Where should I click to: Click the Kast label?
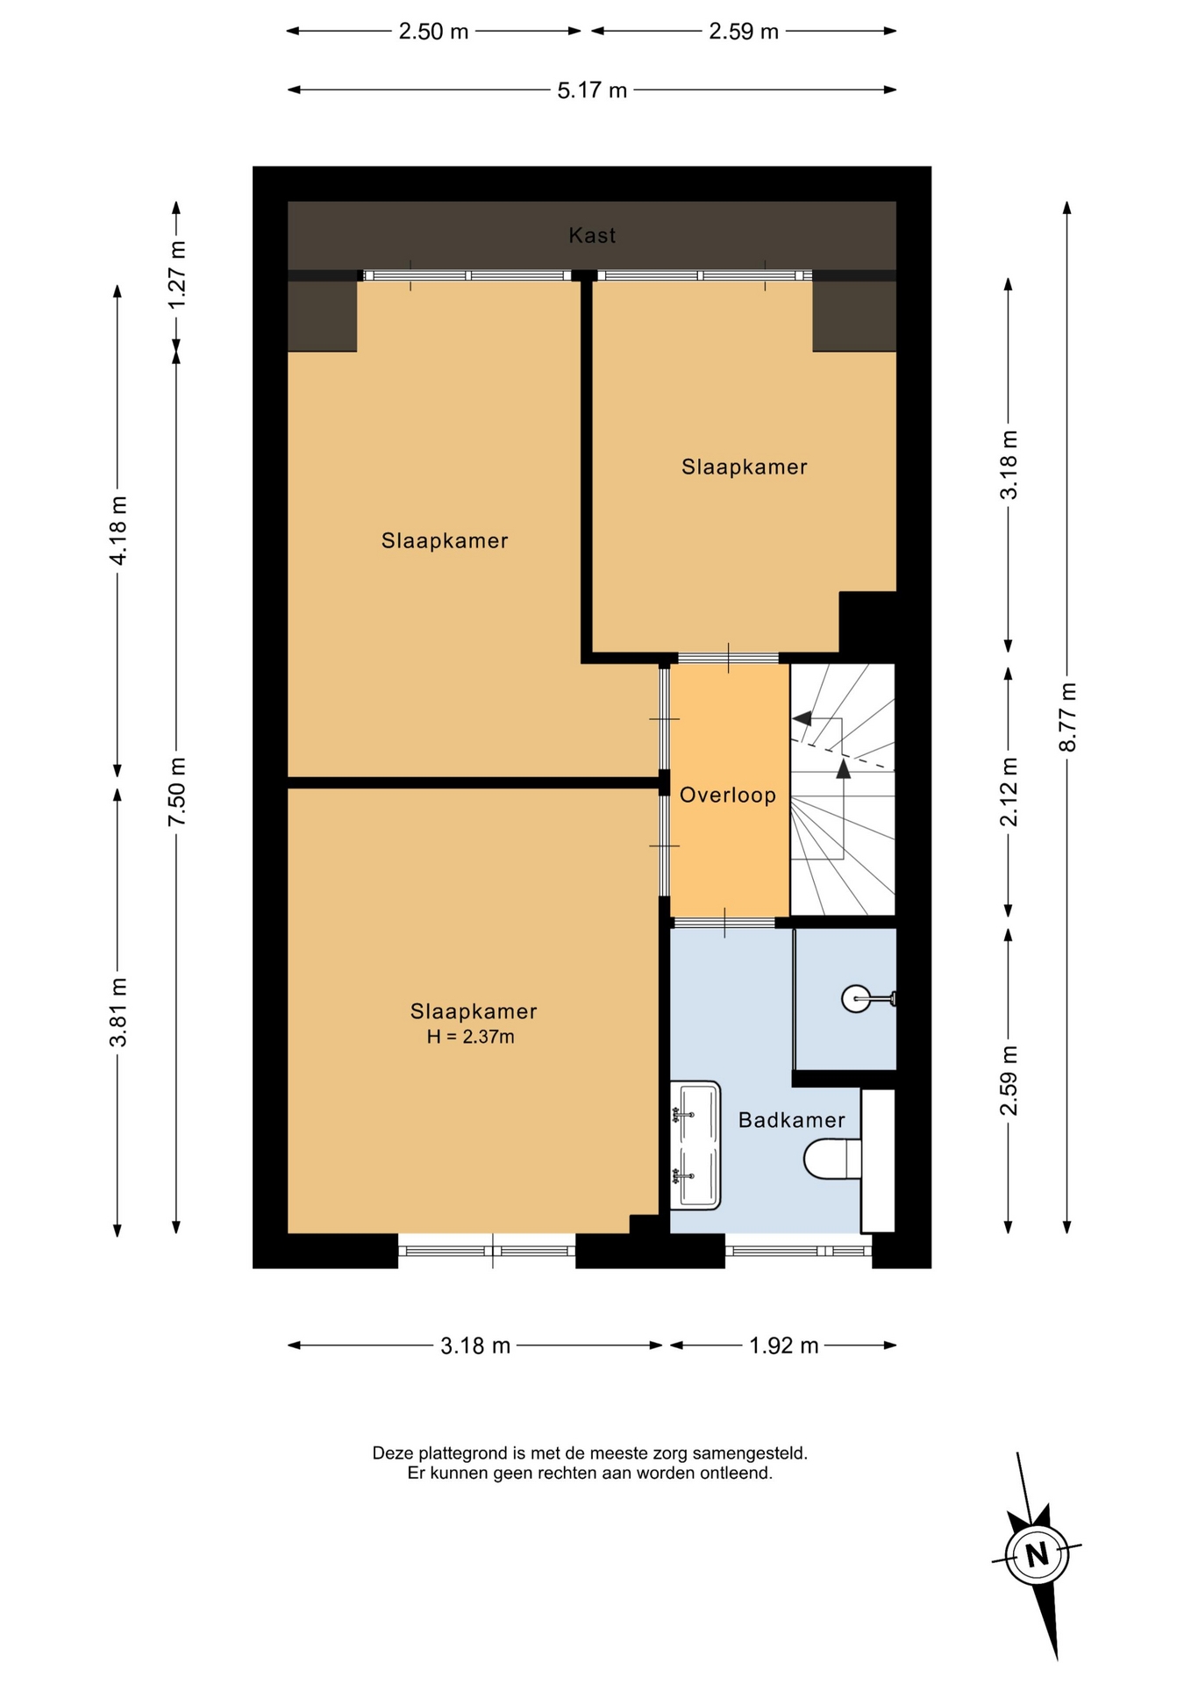tap(592, 235)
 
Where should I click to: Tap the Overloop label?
tap(728, 796)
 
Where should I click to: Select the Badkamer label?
tap(792, 1120)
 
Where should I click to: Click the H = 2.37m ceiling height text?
tap(471, 1037)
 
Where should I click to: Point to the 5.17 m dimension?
tap(592, 89)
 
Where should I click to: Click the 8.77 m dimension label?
tap(1067, 717)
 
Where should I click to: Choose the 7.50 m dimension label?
tap(176, 791)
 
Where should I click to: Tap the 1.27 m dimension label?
tap(176, 275)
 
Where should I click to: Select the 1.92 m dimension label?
tap(784, 1345)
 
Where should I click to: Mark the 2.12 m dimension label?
tap(1009, 791)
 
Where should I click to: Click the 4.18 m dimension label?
tap(118, 531)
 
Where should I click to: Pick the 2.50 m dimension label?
tap(434, 32)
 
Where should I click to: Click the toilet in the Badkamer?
tap(832, 1159)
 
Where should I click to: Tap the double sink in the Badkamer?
tap(695, 1145)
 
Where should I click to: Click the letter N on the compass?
tap(1038, 1555)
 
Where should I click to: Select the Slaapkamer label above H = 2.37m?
tap(474, 1011)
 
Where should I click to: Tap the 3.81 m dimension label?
tap(118, 1012)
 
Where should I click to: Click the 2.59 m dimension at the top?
tap(744, 32)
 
